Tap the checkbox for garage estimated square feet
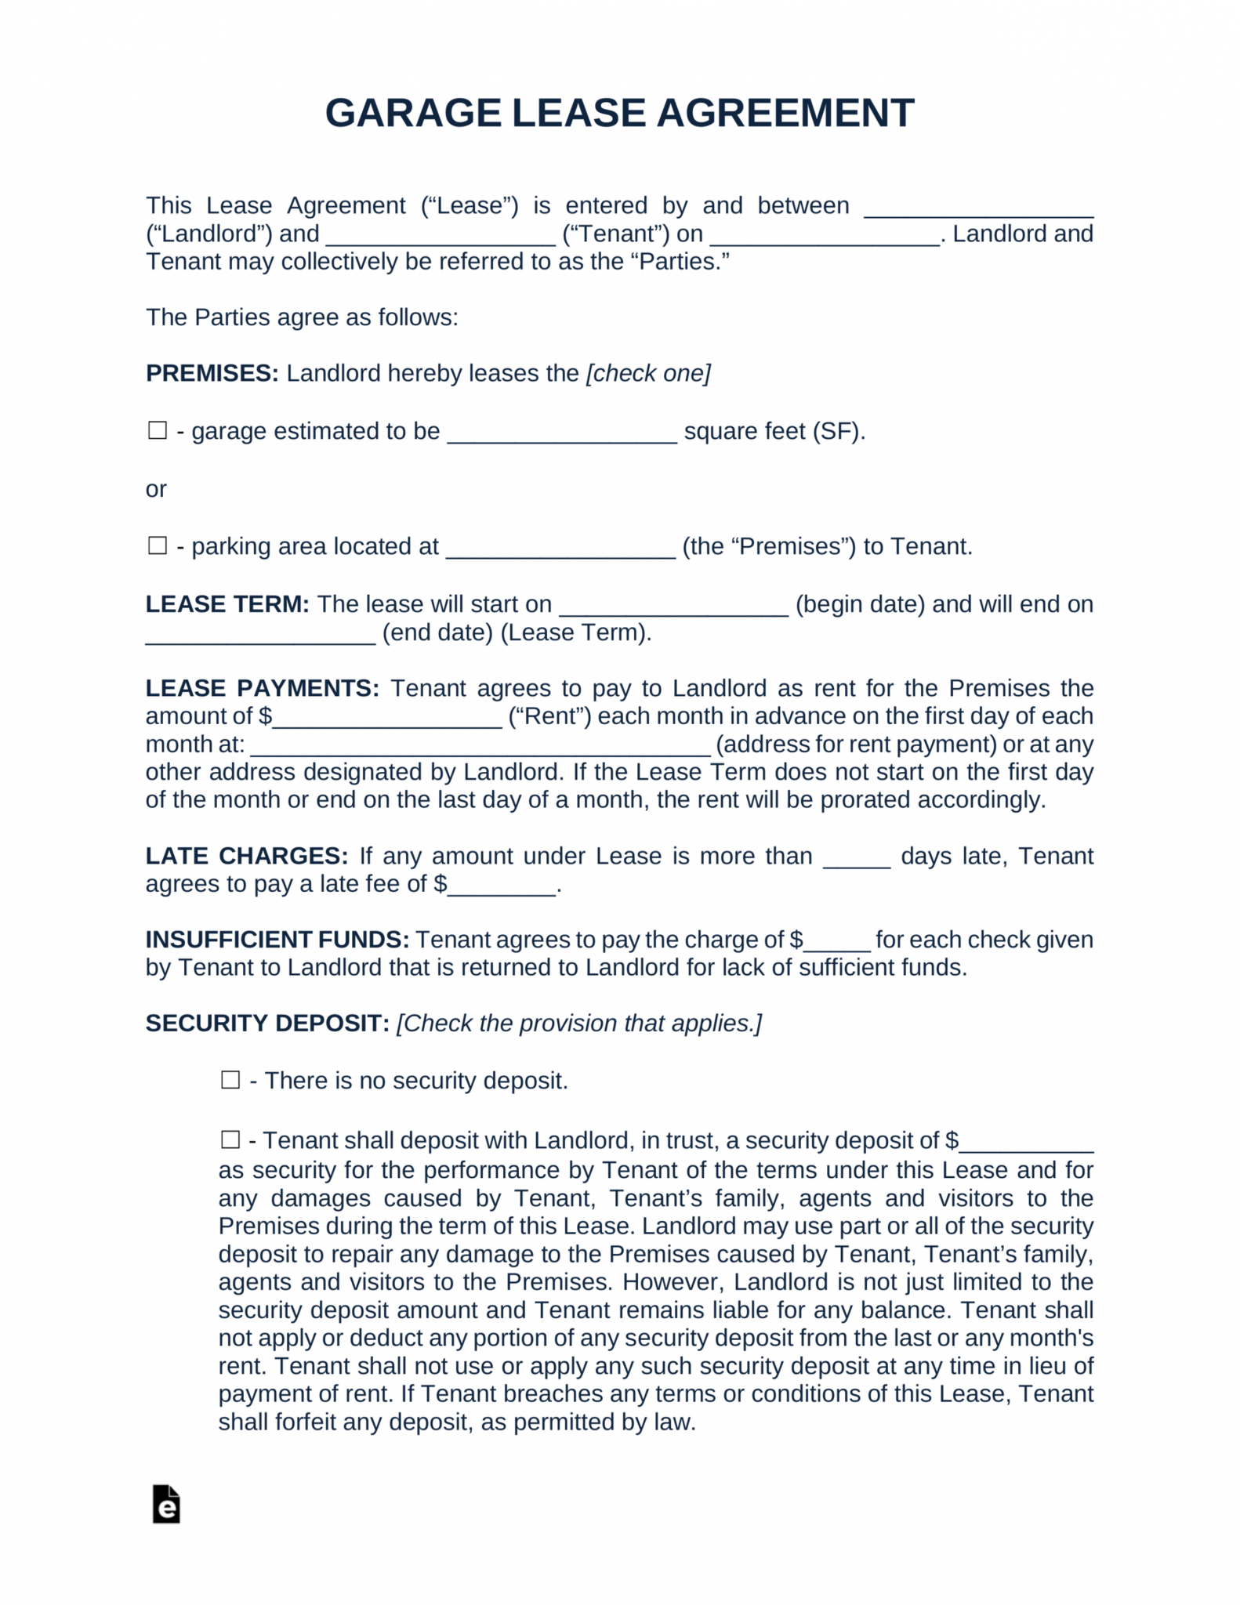point(158,430)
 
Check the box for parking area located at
point(158,545)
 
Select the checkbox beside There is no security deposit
point(230,1080)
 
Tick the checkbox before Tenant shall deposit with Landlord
point(230,1139)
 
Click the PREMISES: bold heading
point(212,373)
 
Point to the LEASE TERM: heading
point(227,604)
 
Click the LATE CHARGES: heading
point(246,856)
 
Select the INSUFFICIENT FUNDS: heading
point(277,940)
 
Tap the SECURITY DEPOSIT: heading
point(267,1024)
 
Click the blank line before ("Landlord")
point(978,212)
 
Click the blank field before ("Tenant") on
point(441,240)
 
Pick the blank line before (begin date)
point(673,610)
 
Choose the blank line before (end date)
point(260,639)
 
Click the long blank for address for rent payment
point(480,750)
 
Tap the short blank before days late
point(856,862)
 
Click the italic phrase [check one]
point(648,373)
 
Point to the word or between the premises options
point(156,489)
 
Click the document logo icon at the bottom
point(166,1504)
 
